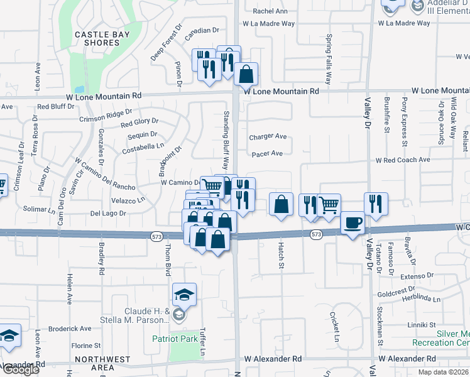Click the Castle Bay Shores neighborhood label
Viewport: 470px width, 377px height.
pos(97,38)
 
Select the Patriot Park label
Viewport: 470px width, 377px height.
pos(175,339)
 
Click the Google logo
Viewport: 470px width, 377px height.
pos(20,369)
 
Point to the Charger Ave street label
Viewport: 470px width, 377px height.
pos(268,136)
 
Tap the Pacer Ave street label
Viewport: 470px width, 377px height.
pos(267,153)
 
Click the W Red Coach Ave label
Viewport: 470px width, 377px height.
pos(403,160)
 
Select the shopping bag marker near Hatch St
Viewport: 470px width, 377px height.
pos(281,204)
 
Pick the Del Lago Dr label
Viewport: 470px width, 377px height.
pos(109,214)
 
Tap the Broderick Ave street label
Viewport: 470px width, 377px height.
pos(70,329)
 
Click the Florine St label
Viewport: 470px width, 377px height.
pos(86,346)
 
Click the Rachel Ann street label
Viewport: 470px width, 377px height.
pos(270,11)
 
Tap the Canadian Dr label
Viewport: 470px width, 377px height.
pos(206,30)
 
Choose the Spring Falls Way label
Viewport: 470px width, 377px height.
pos(328,59)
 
